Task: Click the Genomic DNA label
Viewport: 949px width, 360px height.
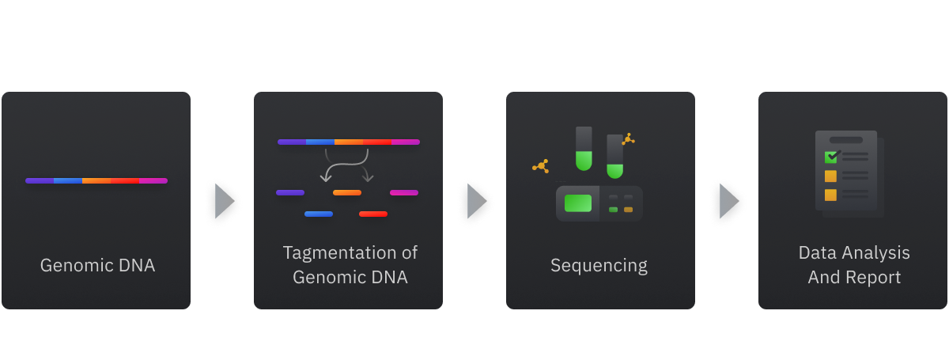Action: [97, 265]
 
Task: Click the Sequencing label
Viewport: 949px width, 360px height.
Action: [599, 265]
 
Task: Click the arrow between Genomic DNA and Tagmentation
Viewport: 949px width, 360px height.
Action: [225, 202]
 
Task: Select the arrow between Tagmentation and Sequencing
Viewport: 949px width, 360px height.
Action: [477, 202]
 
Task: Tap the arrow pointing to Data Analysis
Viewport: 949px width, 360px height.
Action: [729, 202]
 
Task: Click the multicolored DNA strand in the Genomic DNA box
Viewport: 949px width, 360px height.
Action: [96, 180]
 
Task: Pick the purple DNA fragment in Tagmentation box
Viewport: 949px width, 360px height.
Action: [290, 192]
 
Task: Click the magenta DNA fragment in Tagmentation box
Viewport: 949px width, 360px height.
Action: [404, 192]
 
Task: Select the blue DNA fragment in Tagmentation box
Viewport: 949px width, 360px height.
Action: [319, 214]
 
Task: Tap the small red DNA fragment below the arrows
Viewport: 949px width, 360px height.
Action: [373, 214]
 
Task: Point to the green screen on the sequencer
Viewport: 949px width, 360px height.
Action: [578, 203]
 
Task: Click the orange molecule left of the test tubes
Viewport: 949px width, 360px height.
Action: [542, 166]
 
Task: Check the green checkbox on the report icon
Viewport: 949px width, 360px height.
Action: [831, 157]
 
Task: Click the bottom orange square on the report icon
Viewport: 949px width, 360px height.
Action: [830, 195]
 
